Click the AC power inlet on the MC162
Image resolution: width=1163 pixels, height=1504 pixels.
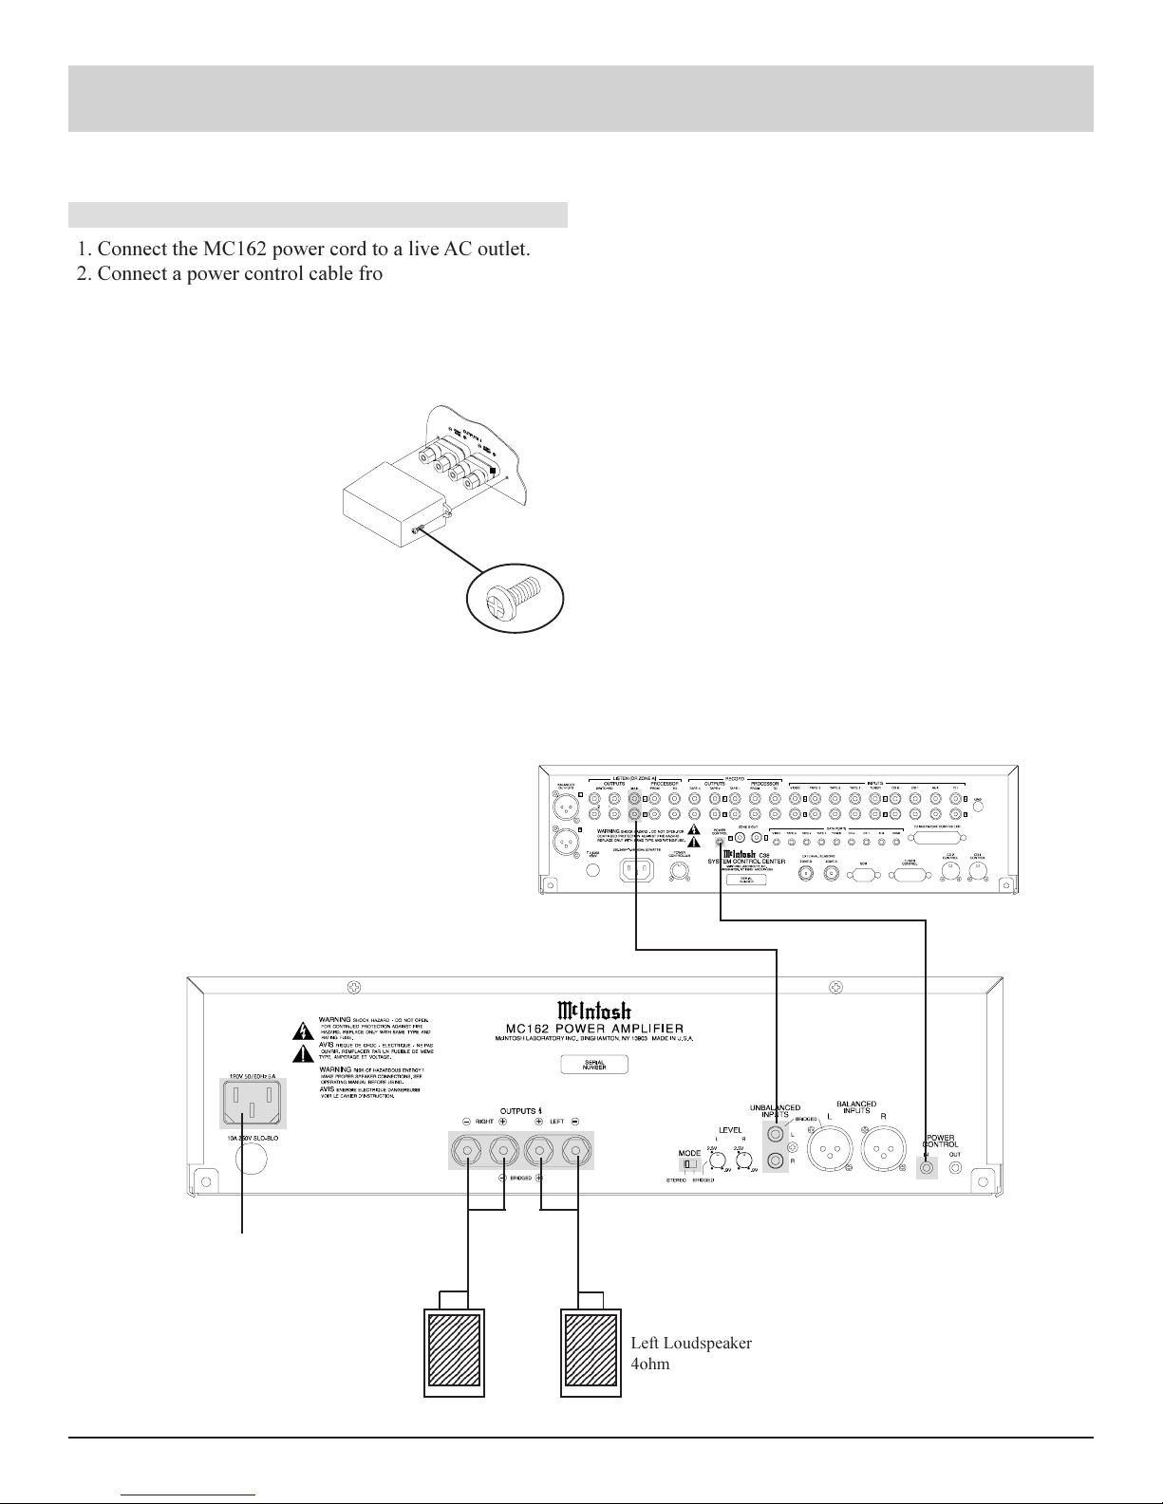tap(253, 1104)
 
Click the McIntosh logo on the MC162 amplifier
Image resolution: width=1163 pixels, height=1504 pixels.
tap(594, 1009)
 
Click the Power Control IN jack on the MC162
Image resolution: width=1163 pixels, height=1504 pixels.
tap(927, 1166)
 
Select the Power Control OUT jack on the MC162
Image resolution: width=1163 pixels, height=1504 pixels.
tap(954, 1166)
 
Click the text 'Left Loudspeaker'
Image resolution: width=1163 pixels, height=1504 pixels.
tap(691, 1343)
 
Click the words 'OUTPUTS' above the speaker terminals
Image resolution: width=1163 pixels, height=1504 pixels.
tap(520, 1110)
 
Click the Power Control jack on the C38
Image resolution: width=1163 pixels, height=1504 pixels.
tap(721, 842)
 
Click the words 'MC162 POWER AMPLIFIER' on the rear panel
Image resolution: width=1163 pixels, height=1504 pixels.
tap(594, 1030)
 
